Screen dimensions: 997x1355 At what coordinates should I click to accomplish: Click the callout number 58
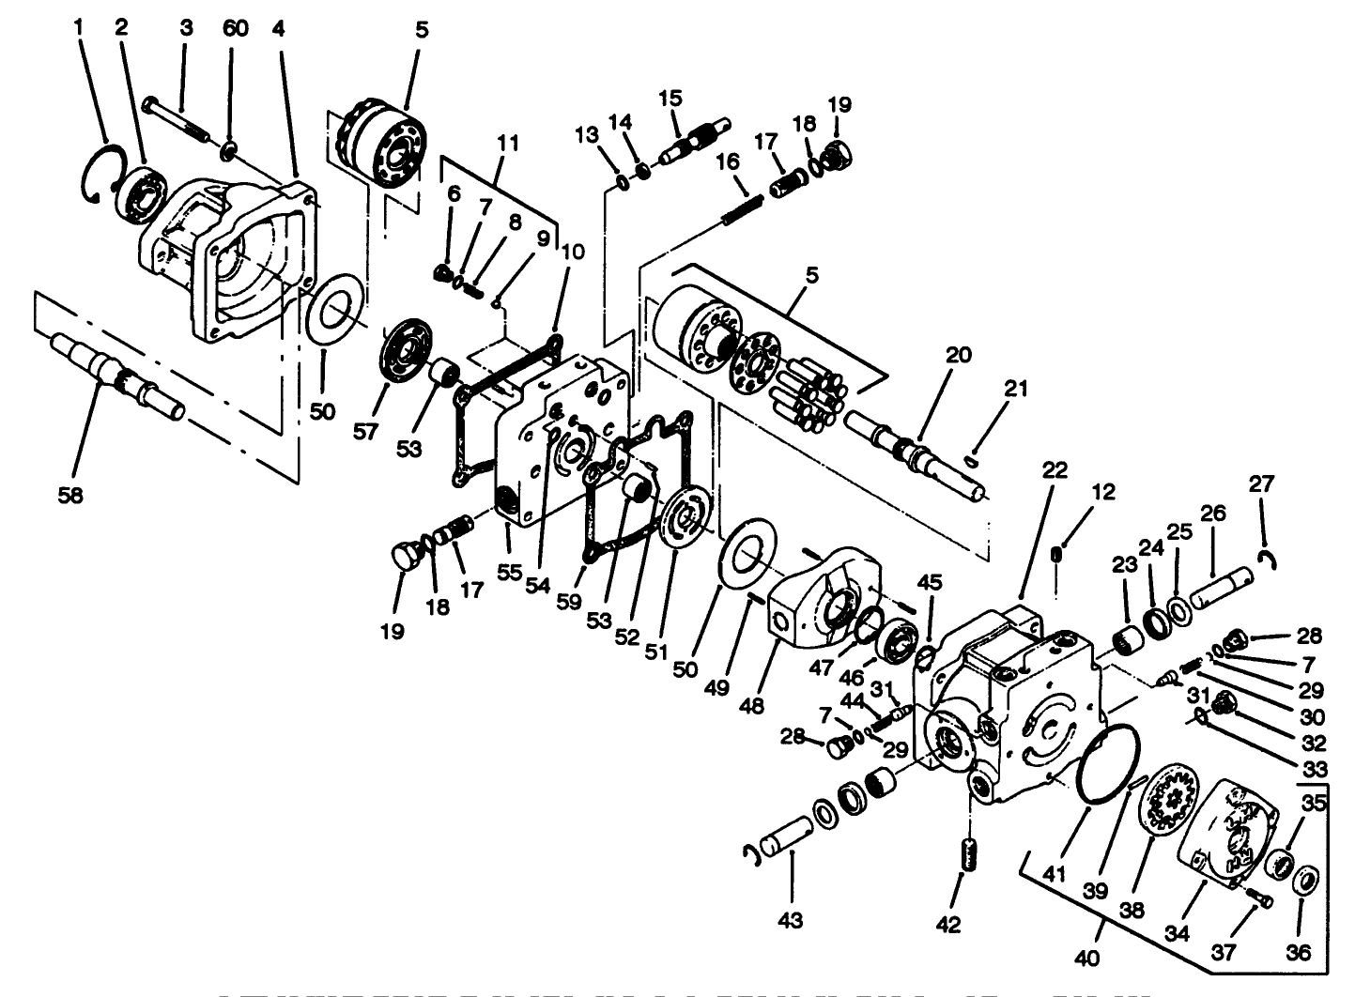point(70,495)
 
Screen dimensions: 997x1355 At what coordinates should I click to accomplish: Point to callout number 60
point(236,28)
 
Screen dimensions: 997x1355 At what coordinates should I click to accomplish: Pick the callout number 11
point(508,144)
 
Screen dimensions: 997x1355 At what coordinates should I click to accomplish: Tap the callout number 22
point(1055,469)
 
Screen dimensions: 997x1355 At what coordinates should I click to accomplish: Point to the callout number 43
point(791,921)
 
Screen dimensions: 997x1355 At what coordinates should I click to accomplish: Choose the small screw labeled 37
point(1260,900)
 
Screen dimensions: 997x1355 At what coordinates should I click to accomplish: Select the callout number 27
point(1261,483)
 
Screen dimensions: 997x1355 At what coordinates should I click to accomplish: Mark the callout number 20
point(958,356)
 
